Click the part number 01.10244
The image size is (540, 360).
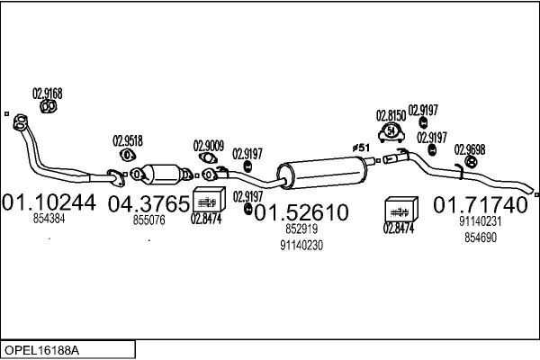[50, 202]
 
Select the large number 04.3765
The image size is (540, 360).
[149, 203]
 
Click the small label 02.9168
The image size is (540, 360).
[48, 92]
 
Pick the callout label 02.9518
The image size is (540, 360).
[127, 140]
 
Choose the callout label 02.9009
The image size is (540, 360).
[209, 144]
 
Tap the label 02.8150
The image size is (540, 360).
[391, 116]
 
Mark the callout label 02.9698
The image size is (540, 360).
[470, 148]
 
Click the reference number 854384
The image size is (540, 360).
[49, 219]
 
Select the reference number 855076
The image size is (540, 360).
[149, 220]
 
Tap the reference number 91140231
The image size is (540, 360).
[480, 221]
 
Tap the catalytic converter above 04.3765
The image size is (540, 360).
[162, 172]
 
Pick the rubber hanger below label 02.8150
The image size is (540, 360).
[391, 133]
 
